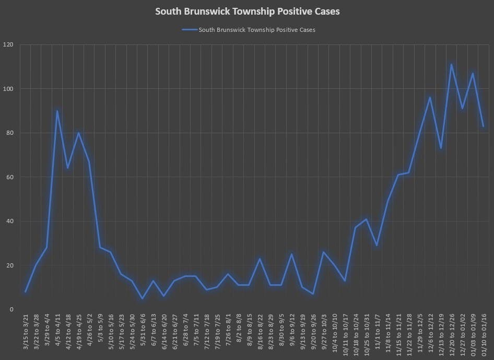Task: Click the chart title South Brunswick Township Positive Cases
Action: point(247,11)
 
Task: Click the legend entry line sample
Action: point(190,30)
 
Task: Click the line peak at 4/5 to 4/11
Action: point(57,111)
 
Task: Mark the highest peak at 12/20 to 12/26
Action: point(451,64)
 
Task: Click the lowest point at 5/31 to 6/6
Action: point(143,298)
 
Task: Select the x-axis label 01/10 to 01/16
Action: point(484,333)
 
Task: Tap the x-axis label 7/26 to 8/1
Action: point(228,333)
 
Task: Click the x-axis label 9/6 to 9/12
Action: point(292,333)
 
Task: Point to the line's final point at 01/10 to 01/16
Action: point(484,126)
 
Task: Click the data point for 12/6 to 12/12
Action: point(430,97)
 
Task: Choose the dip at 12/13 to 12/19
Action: point(441,148)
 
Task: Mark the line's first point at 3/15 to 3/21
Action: point(25,292)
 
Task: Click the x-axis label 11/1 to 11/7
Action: point(377,333)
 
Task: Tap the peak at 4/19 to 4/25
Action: point(79,133)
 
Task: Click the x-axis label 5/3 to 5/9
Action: point(100,333)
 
